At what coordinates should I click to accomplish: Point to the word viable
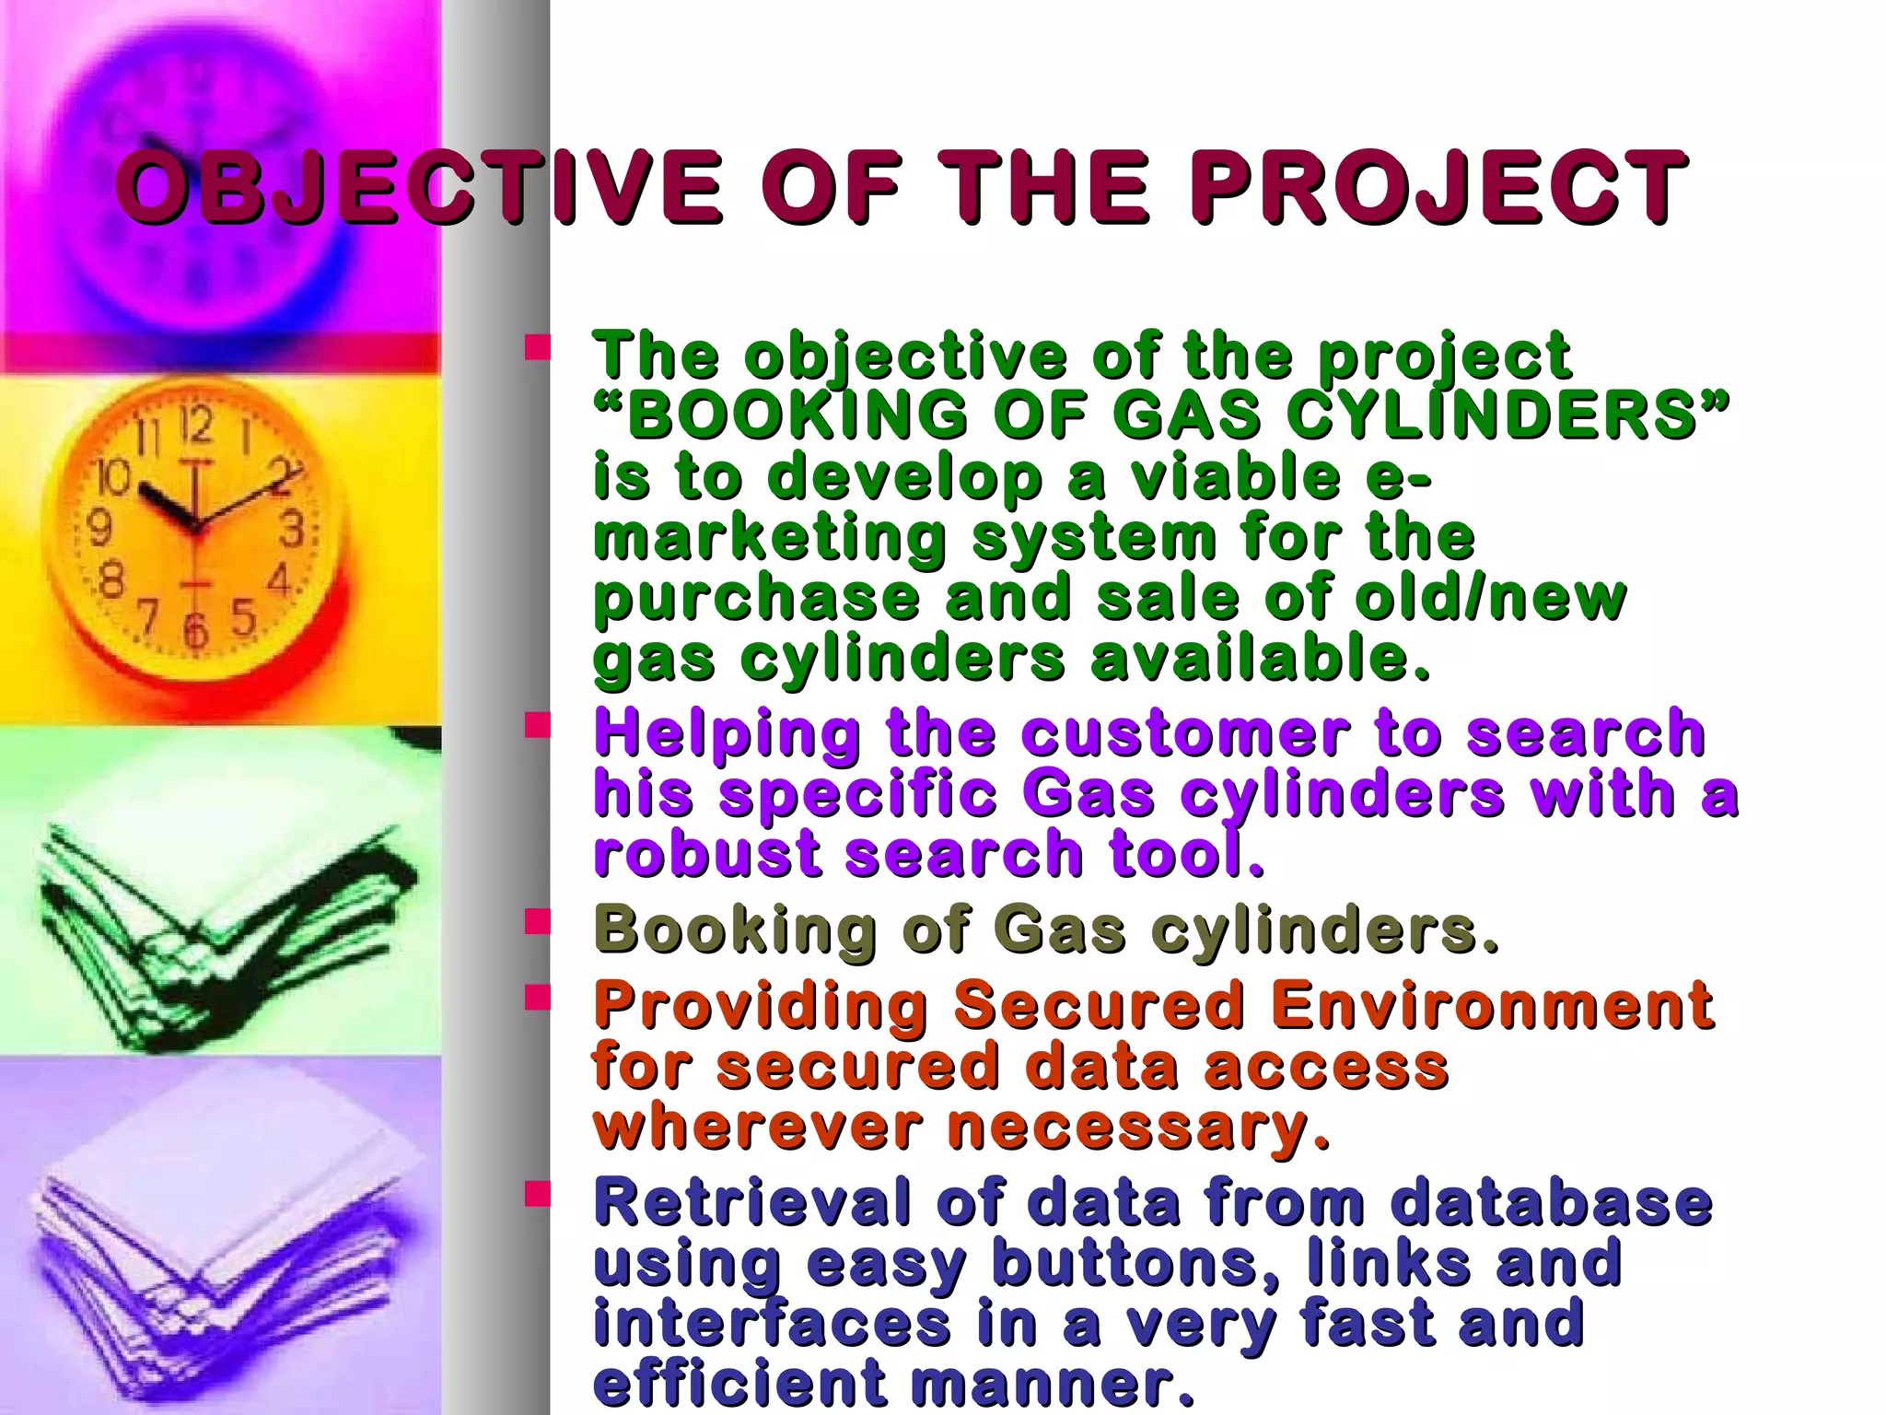(x=1235, y=476)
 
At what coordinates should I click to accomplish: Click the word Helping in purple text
(x=728, y=733)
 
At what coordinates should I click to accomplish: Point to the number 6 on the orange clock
(x=194, y=632)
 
